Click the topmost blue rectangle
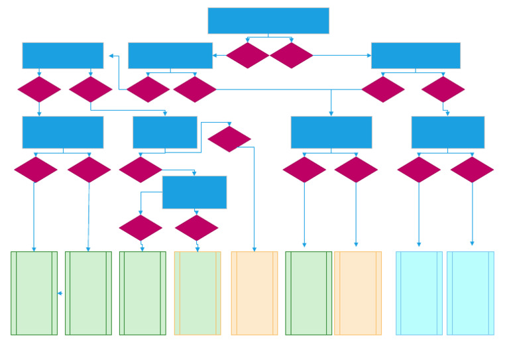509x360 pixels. pos(268,21)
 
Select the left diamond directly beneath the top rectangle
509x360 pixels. pos(247,56)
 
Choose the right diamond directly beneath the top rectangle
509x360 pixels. pos(291,56)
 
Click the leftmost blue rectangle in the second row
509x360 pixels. pos(62,56)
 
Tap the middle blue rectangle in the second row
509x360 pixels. pos(170,56)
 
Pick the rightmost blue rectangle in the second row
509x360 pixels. pos(416,56)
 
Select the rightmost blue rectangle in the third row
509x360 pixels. pos(447,132)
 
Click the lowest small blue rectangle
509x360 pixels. pos(194,192)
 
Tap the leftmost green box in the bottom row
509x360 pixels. pos(34,293)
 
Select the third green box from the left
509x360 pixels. pos(142,293)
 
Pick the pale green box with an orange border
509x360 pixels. pos(198,293)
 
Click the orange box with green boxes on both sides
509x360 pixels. pos(254,293)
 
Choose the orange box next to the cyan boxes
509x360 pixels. pos(358,293)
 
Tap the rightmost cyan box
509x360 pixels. pos(470,293)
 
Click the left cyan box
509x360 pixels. pos(419,293)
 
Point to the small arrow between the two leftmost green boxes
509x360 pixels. pos(60,293)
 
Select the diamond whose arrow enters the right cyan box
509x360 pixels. pos(472,170)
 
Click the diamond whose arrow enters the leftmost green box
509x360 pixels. pos(36,170)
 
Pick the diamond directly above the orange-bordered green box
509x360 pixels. pos(196,228)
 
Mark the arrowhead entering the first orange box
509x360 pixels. pos(254,249)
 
